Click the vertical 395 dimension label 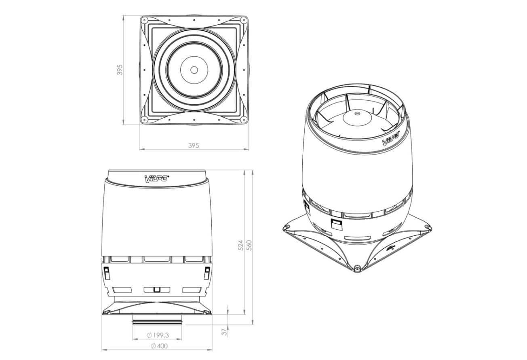[120, 70]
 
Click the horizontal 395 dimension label [194, 146]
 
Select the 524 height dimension [240, 245]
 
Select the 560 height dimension [249, 245]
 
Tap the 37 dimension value [225, 332]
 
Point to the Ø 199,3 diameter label [158, 335]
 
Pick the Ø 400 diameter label [159, 346]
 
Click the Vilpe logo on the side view [156, 179]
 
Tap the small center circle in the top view [194, 70]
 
